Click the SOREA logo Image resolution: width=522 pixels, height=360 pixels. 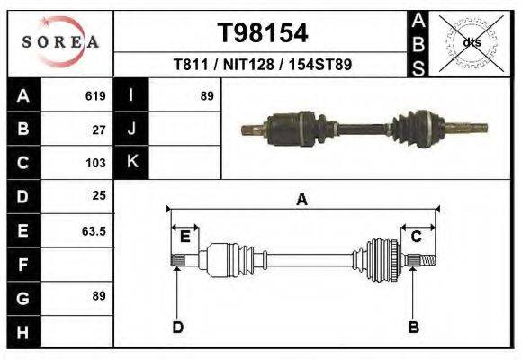[60, 42]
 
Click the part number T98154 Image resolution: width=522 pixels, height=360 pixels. [263, 33]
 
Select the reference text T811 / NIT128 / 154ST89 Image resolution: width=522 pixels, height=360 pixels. [262, 65]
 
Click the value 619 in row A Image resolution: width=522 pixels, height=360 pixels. [95, 95]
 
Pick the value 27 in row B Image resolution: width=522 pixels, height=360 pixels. [99, 129]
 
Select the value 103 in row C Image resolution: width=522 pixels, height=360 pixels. [95, 163]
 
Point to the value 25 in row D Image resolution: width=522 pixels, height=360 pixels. [99, 195]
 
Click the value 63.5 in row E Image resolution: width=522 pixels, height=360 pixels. [94, 230]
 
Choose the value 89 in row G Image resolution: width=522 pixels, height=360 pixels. [99, 296]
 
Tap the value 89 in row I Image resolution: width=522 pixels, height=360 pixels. [207, 95]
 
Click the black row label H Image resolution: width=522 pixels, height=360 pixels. [22, 333]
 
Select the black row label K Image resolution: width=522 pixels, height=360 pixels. [132, 162]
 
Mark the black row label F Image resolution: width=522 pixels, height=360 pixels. [22, 265]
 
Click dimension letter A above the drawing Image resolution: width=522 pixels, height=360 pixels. [302, 200]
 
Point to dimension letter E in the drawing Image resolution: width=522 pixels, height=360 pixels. [184, 237]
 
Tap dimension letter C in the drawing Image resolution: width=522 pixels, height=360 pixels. [417, 237]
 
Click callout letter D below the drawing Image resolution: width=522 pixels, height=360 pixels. [177, 327]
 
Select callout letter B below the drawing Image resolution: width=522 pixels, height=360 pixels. [414, 327]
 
